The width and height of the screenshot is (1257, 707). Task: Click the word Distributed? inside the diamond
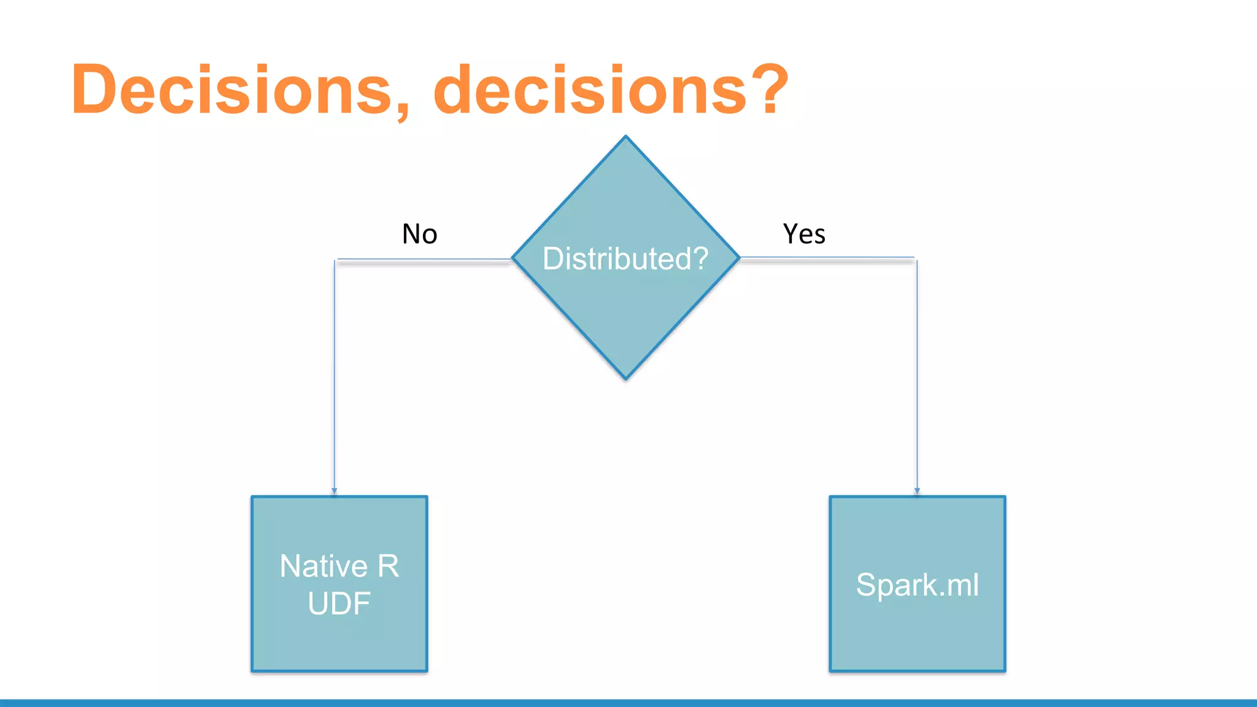click(x=625, y=258)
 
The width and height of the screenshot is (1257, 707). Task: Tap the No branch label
click(x=420, y=234)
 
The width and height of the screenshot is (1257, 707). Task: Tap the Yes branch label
click(x=804, y=234)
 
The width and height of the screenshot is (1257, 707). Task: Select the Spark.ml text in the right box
click(x=917, y=584)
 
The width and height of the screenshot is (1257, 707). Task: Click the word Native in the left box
click(x=323, y=566)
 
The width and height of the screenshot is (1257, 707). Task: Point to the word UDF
click(x=339, y=603)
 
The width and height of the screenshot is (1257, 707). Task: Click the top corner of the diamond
click(x=625, y=137)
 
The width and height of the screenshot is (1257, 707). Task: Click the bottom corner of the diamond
click(x=626, y=379)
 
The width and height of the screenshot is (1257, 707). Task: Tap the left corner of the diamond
click(x=513, y=258)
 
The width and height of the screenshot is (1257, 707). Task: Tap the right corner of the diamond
click(x=739, y=258)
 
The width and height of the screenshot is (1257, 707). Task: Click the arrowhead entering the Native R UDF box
click(x=335, y=491)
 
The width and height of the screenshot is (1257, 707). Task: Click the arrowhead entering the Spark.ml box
click(x=917, y=491)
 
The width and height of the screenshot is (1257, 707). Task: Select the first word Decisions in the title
click(x=231, y=90)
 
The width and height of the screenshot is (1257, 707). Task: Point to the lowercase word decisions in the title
click(x=590, y=90)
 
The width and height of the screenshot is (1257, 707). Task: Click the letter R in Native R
click(x=388, y=566)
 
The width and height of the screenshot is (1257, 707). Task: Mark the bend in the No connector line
click(x=335, y=260)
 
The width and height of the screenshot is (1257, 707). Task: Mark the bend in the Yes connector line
click(x=916, y=259)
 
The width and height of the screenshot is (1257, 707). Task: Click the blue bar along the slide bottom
click(x=628, y=703)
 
